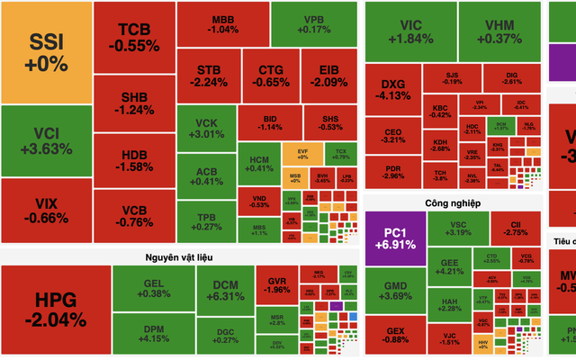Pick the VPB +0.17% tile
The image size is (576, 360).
coord(311,24)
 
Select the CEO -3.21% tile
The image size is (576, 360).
coord(393,135)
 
